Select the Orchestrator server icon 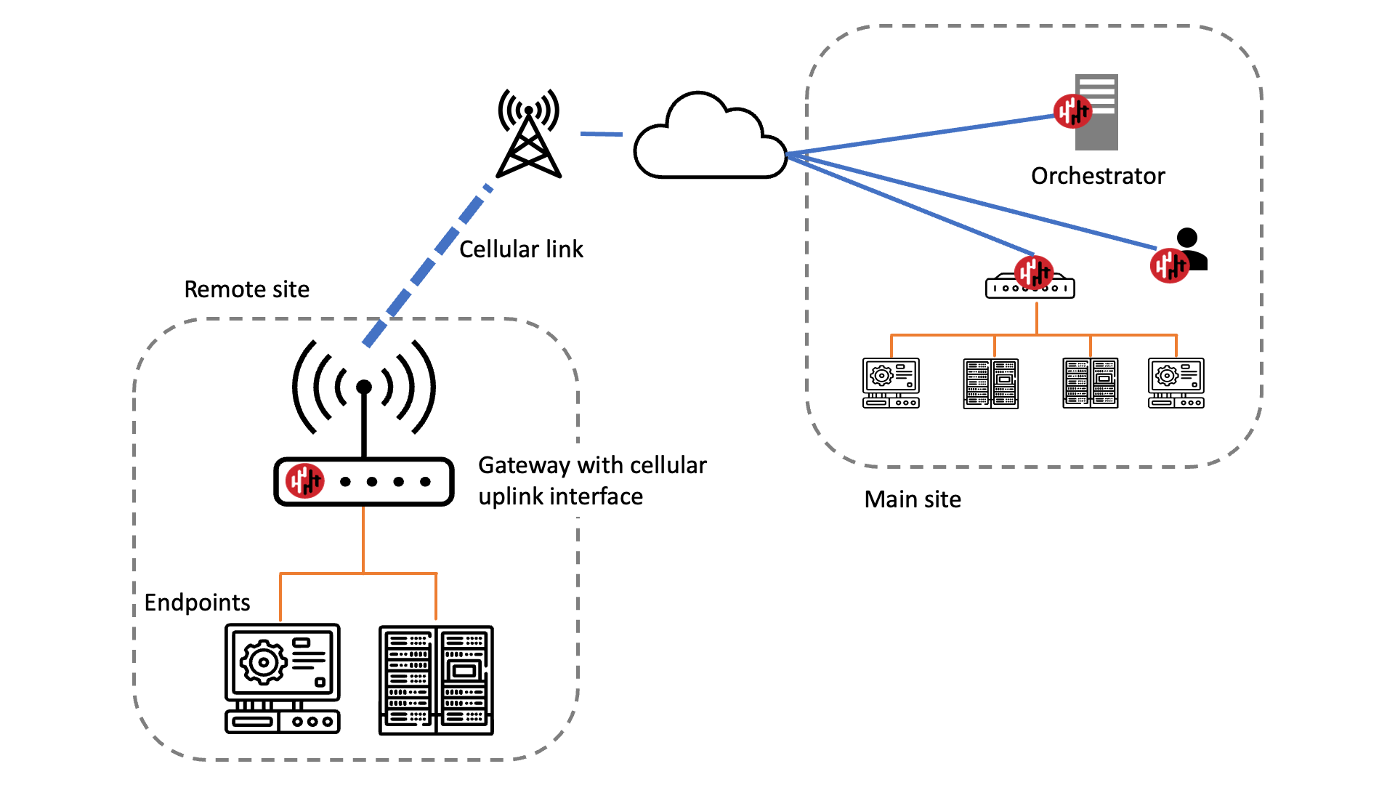pos(1096,112)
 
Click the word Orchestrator pos(1097,176)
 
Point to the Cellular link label pos(521,249)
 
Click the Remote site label pos(246,289)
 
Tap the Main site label pos(913,499)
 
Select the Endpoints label pos(197,603)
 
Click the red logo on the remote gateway pos(304,480)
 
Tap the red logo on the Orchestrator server pos(1072,111)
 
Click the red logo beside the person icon pos(1169,265)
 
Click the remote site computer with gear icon pos(283,678)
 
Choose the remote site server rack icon pos(436,680)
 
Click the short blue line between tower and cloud pos(601,134)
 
